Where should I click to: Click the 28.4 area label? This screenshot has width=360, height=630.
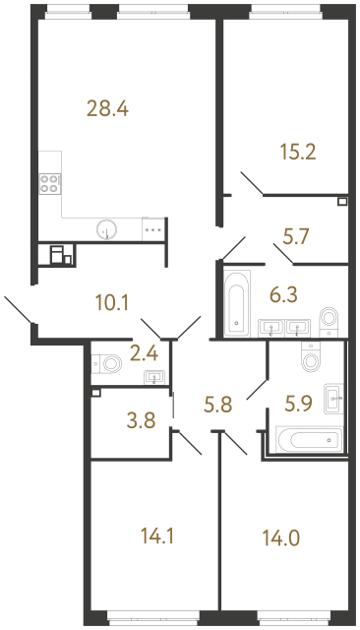click(108, 108)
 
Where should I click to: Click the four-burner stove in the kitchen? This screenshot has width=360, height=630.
click(49, 182)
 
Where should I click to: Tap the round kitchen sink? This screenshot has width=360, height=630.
click(106, 230)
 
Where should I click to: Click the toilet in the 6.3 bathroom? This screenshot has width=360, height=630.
click(329, 317)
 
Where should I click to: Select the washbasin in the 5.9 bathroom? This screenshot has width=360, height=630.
click(334, 399)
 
